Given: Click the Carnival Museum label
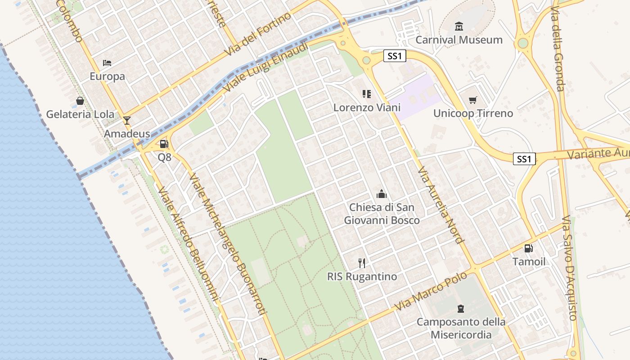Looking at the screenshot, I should click(x=459, y=40).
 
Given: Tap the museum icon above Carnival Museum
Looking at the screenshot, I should click(x=459, y=27).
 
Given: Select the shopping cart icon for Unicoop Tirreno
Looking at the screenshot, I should click(x=472, y=100).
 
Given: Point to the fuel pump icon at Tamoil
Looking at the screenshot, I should click(x=529, y=248).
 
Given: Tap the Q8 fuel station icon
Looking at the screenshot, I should click(x=164, y=144).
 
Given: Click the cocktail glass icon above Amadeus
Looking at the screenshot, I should click(x=127, y=120).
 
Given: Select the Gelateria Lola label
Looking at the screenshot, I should click(x=80, y=114).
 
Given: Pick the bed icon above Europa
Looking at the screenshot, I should click(x=107, y=63).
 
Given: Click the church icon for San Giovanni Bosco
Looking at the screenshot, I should click(x=382, y=194).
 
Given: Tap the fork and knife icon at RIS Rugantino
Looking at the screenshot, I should click(x=362, y=263).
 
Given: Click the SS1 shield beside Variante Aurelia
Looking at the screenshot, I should click(x=524, y=159).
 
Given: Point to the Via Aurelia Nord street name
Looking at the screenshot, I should click(x=441, y=205).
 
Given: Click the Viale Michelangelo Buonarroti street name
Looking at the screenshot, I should click(x=229, y=243).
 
